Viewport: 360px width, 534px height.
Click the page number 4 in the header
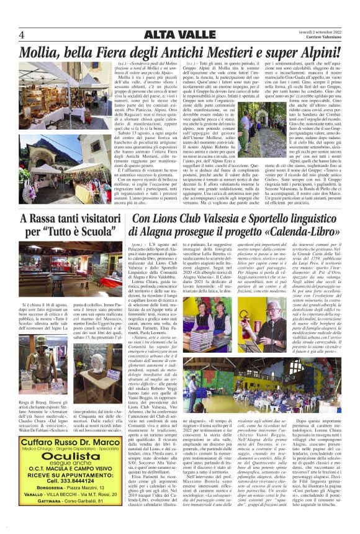pyautogui.click(x=21, y=34)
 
